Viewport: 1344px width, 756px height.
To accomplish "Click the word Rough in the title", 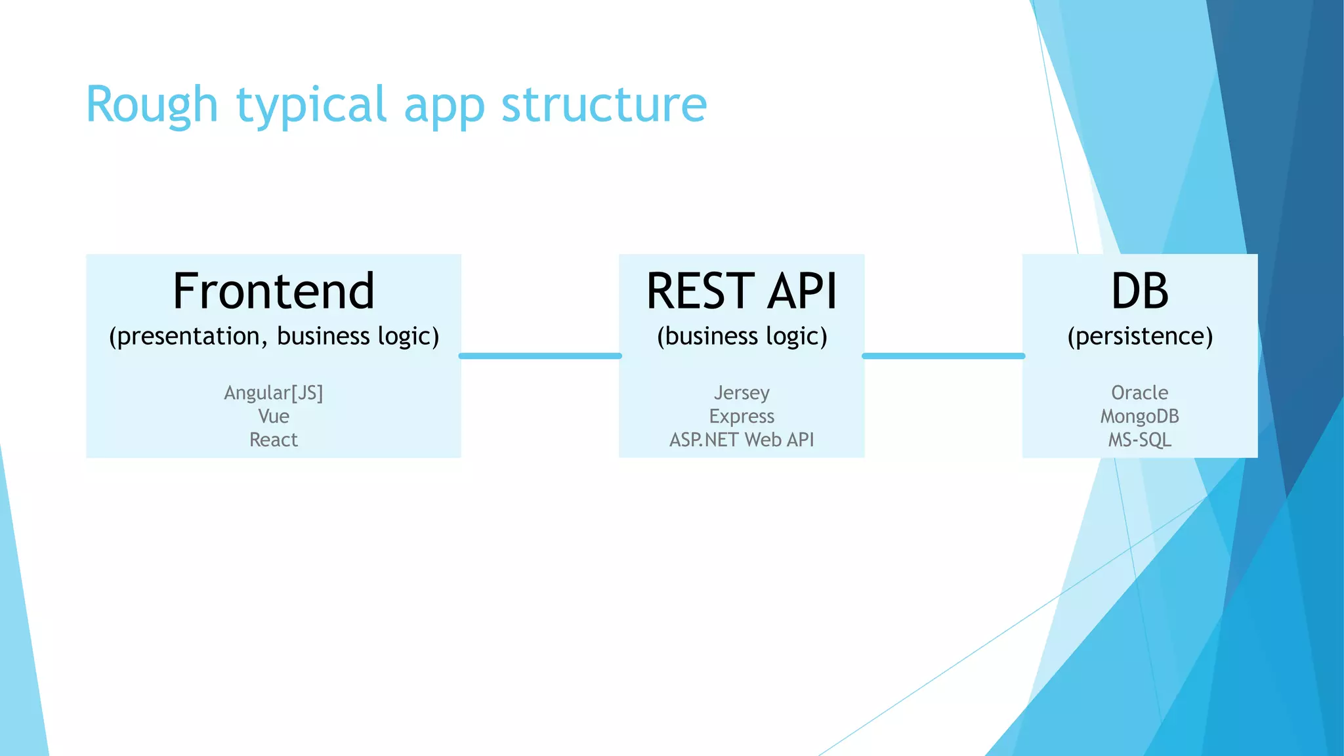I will click(x=152, y=105).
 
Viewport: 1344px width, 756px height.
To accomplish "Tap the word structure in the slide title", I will click(x=604, y=105).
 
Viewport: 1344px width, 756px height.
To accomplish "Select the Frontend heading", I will click(x=274, y=291).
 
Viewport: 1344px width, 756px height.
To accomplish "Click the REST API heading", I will click(x=742, y=291).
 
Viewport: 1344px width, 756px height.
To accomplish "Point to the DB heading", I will click(x=1140, y=291).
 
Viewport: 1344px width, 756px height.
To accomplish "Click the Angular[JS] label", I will click(x=274, y=392).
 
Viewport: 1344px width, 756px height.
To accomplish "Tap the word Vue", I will click(x=274, y=416).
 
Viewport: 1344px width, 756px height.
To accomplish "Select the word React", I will click(x=274, y=440).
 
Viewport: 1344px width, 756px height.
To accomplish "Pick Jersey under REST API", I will click(x=742, y=392).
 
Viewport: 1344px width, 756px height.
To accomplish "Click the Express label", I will click(x=742, y=416).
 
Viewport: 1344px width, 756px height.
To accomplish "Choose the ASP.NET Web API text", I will click(x=742, y=440).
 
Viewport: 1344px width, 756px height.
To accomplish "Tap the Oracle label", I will click(x=1140, y=392).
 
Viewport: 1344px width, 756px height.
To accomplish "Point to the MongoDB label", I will click(x=1140, y=416).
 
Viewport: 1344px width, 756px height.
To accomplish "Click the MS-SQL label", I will click(x=1140, y=440).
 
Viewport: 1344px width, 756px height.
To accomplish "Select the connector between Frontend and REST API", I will click(x=540, y=356).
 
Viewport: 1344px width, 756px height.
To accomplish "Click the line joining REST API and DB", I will click(x=943, y=356).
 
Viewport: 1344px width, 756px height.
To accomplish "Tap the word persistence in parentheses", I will click(x=1140, y=336).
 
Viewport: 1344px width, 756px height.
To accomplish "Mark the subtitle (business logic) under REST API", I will click(x=742, y=336).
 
